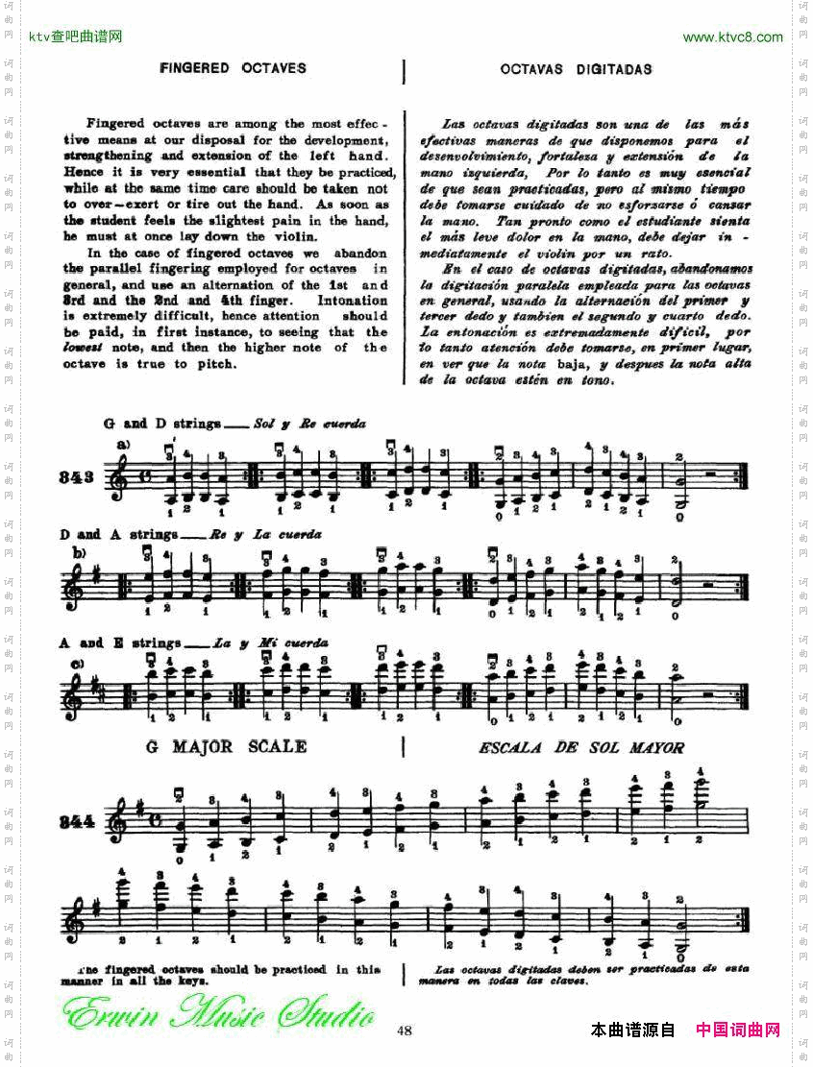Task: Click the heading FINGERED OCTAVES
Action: pos(233,68)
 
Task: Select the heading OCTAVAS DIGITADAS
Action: pos(577,69)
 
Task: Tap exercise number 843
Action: pos(78,477)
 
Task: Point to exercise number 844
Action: pos(78,821)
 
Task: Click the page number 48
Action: pos(405,1031)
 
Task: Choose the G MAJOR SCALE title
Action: pos(227,746)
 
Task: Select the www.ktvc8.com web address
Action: pos(732,37)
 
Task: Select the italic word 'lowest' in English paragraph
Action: pos(84,348)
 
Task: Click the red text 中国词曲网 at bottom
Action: pos(738,1030)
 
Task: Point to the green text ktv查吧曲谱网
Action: pos(76,37)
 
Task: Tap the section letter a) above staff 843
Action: pos(123,445)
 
